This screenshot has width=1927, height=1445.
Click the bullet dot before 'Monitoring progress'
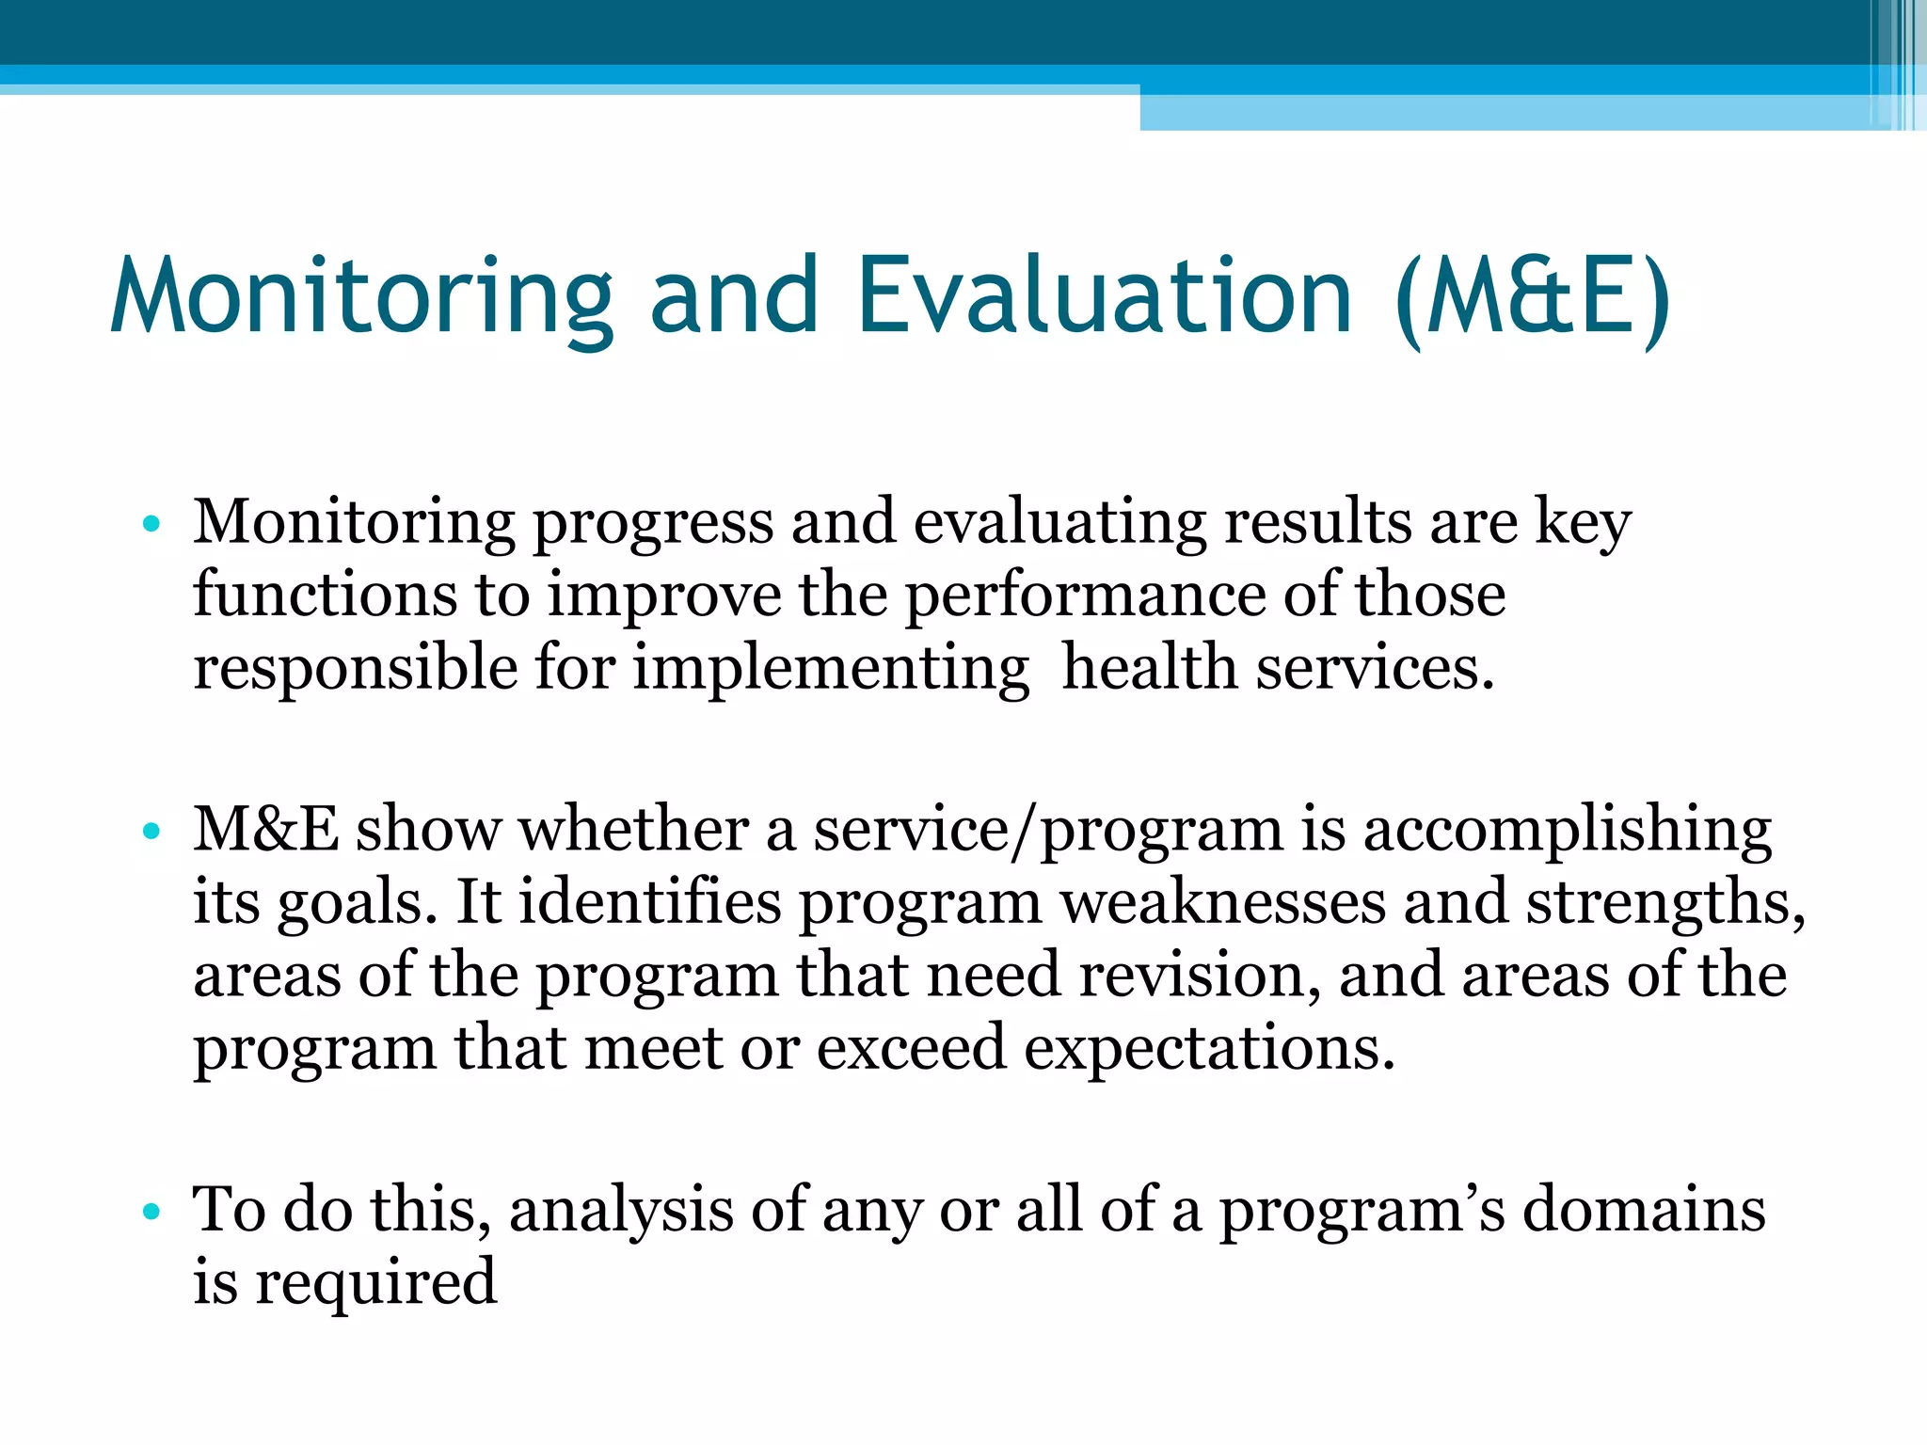151,524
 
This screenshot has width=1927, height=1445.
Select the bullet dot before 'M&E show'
151,832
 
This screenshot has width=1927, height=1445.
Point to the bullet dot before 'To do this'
151,1212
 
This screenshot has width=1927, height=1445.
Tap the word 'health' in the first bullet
1150,668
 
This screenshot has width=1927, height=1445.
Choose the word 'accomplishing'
1568,832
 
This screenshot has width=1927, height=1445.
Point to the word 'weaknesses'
1223,903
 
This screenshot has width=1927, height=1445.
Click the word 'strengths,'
1665,903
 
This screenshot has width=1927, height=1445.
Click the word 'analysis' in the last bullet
621,1212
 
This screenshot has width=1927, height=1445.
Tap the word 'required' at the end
375,1284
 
